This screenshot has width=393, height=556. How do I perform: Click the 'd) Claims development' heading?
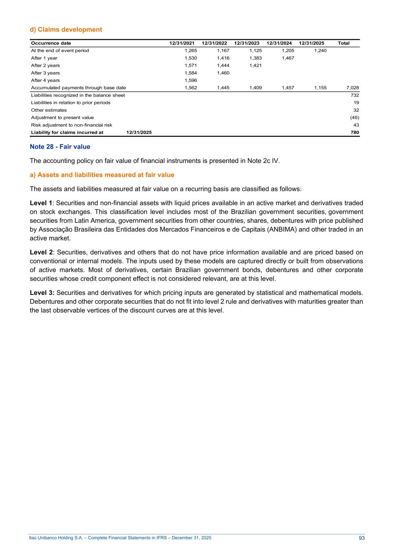click(66, 29)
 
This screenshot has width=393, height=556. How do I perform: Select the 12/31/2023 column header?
click(246, 43)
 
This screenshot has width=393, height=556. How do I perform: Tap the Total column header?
click(343, 43)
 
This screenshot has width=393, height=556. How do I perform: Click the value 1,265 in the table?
click(191, 51)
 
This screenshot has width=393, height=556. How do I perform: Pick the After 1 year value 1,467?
click(288, 58)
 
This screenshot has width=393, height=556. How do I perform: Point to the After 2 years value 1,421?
click(255, 66)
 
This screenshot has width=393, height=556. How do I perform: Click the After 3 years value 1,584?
click(191, 73)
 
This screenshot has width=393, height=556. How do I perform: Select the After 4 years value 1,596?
click(191, 80)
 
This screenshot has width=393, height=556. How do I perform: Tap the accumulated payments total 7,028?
click(352, 88)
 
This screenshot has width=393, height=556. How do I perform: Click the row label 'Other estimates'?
click(49, 110)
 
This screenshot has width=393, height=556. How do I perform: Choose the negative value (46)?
click(354, 117)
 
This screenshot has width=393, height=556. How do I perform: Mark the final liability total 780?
click(355, 132)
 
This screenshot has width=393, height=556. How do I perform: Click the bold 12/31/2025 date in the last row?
click(139, 132)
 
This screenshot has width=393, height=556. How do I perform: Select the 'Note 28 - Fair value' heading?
click(60, 147)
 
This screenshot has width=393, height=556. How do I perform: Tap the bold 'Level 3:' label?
click(42, 293)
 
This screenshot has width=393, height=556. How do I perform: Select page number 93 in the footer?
click(362, 538)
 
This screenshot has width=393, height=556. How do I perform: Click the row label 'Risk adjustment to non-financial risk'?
click(72, 125)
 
